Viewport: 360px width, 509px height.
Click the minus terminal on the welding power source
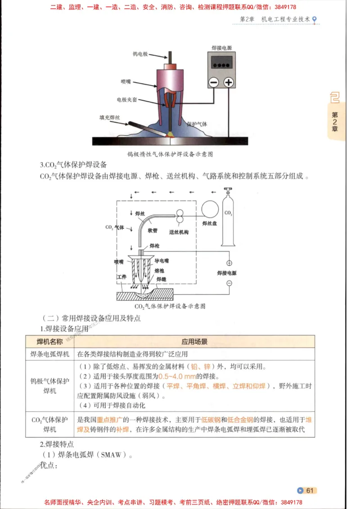tap(214, 82)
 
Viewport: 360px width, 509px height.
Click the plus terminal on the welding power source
tap(229, 82)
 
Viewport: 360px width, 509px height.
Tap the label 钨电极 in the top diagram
tap(141, 54)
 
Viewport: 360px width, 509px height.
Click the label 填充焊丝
tap(110, 118)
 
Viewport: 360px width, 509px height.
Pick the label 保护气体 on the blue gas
tap(197, 124)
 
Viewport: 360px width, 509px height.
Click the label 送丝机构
tap(178, 232)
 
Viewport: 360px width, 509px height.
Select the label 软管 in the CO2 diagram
tap(152, 230)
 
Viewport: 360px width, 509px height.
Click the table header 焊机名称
tap(49, 342)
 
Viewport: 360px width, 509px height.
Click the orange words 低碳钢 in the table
tap(211, 420)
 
